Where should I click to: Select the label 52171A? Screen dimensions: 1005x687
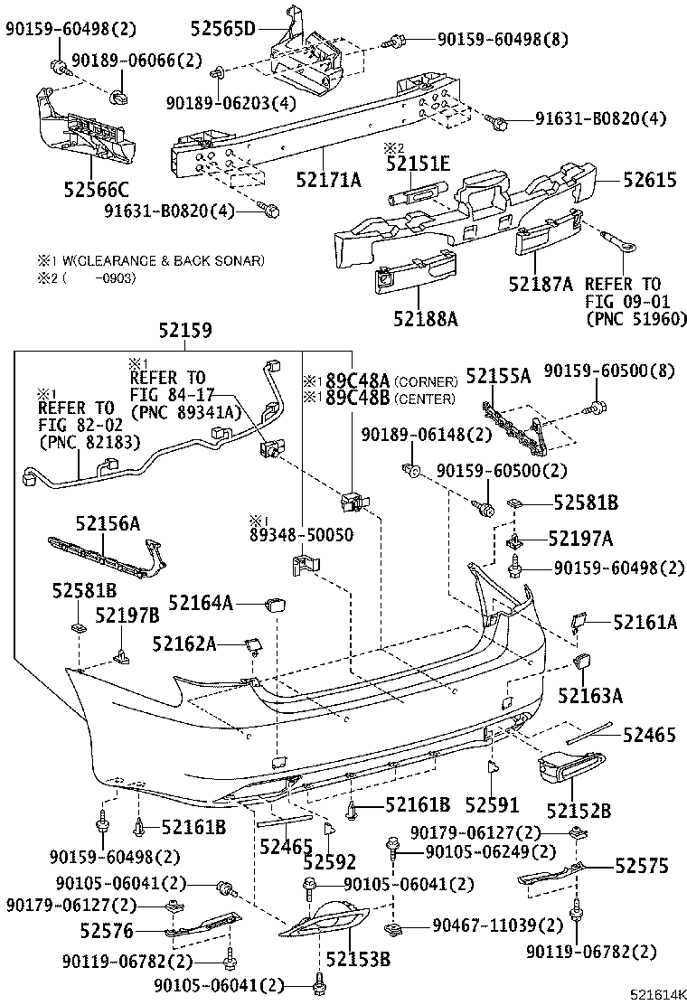coord(328,180)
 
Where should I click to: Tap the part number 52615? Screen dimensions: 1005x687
coord(648,180)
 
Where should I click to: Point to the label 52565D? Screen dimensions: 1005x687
coord(222,29)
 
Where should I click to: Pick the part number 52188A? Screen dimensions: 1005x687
coord(425,318)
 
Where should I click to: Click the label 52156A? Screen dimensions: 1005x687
coord(108,523)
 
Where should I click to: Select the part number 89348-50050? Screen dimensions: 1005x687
coord(302,535)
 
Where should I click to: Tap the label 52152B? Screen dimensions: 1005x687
coord(579,811)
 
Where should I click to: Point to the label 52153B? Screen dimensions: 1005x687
coord(358,959)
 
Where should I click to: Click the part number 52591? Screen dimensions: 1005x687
coord(493,803)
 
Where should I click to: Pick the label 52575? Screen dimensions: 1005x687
coord(642,866)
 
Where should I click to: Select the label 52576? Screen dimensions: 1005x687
coord(107,930)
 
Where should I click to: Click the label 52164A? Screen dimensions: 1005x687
coord(201,602)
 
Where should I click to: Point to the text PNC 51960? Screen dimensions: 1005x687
coord(636,318)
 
